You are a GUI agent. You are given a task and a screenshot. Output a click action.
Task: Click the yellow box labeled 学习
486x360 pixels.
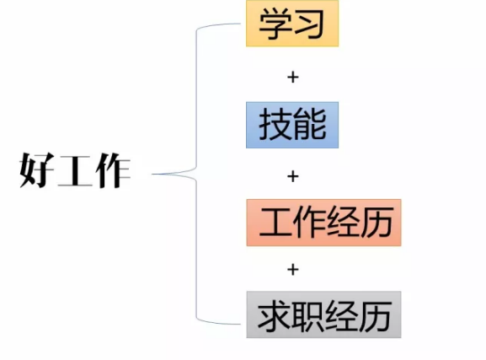click(292, 24)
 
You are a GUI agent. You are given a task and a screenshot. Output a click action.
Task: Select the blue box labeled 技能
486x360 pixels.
click(292, 125)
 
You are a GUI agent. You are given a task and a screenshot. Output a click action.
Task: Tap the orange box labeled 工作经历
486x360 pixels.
click(324, 223)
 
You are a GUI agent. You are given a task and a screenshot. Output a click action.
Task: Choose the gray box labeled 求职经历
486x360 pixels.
click(324, 314)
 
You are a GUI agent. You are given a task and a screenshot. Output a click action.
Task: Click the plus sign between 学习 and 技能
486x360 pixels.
click(293, 77)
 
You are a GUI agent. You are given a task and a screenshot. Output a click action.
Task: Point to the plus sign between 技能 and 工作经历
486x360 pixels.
click(293, 176)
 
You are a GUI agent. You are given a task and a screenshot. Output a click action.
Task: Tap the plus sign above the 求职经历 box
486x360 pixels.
click(293, 270)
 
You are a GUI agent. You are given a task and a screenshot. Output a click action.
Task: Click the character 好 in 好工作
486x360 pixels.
click(36, 170)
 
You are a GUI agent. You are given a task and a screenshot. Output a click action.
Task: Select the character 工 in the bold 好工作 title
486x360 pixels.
click(75, 170)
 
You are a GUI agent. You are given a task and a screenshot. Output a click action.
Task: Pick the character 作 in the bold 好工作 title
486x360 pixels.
click(113, 170)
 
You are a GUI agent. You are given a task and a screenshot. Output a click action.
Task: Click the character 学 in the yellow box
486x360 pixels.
click(275, 24)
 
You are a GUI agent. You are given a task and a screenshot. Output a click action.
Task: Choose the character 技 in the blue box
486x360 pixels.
click(275, 124)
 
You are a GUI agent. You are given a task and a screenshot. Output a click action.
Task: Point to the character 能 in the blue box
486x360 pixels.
click(310, 124)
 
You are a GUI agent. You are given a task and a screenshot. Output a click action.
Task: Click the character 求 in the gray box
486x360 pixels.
click(275, 315)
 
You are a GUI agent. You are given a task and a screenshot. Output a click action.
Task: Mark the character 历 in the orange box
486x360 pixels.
click(377, 223)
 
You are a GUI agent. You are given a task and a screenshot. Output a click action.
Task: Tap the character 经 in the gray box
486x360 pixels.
click(342, 315)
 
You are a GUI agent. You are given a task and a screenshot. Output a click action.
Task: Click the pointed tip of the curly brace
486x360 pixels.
click(152, 175)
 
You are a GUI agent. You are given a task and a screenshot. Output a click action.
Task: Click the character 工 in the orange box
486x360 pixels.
click(275, 223)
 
